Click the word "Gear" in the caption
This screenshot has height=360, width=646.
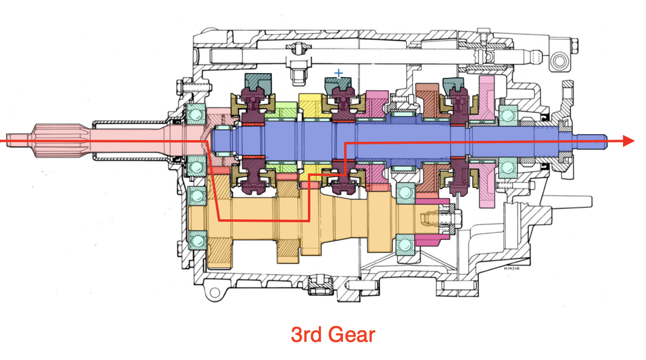(x=352, y=334)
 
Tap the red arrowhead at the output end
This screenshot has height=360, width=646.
(x=628, y=141)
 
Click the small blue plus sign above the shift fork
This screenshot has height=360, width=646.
(x=338, y=74)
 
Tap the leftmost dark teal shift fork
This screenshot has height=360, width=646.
(x=258, y=83)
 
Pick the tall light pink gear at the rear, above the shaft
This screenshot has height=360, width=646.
(x=487, y=97)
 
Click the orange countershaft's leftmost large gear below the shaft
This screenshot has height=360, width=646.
(x=221, y=248)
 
